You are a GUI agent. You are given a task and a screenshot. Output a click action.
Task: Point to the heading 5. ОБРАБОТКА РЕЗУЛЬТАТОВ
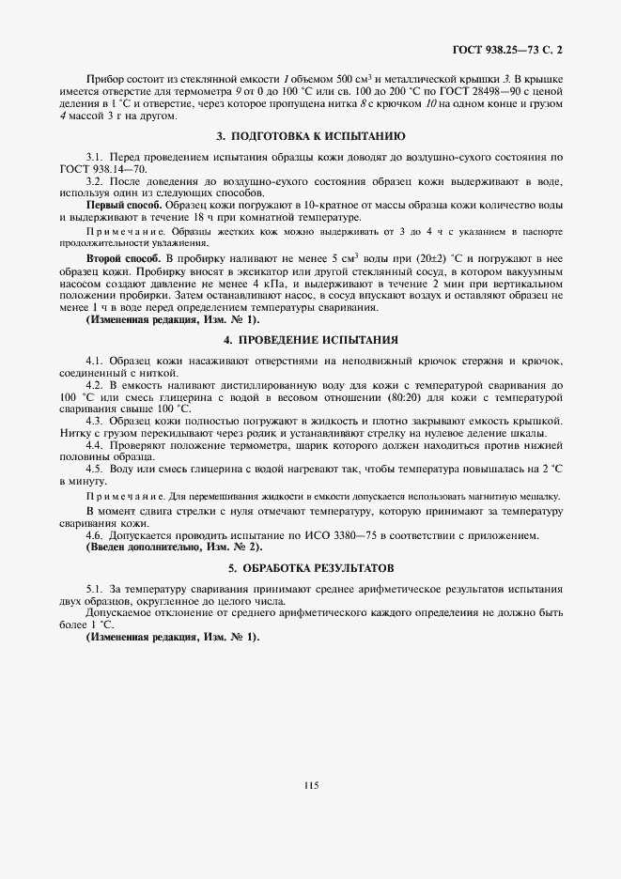(310, 567)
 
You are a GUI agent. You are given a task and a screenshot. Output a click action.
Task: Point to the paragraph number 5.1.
(94, 588)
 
